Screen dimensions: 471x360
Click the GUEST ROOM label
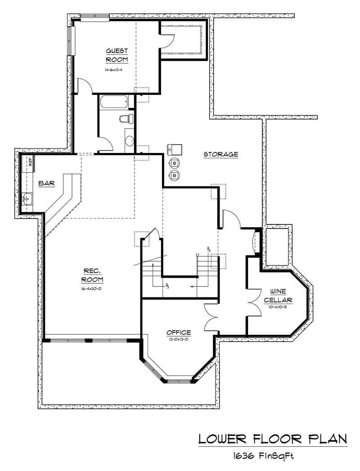(x=117, y=55)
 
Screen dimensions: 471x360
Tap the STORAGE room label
(x=220, y=154)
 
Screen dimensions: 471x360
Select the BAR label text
(x=47, y=183)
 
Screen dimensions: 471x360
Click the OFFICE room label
(x=179, y=332)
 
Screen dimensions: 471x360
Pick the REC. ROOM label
(x=93, y=275)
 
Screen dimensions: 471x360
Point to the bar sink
(x=27, y=198)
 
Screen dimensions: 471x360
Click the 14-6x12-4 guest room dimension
(x=117, y=70)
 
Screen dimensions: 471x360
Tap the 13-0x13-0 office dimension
(x=179, y=340)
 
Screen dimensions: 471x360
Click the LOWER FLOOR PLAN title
(x=273, y=438)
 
